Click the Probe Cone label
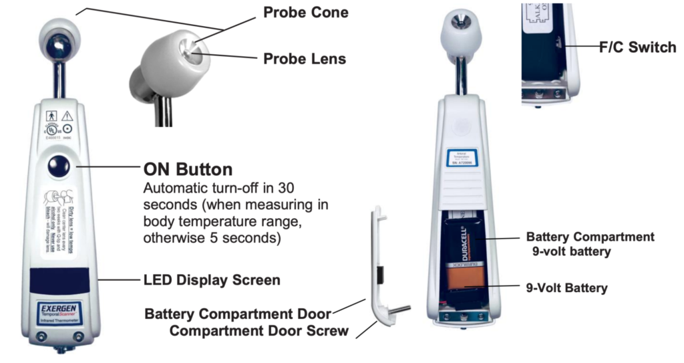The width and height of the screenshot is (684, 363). [x=305, y=12]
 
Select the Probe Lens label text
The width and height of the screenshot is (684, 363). [x=305, y=58]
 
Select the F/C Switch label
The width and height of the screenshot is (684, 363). [x=637, y=47]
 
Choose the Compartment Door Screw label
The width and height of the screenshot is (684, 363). [x=259, y=330]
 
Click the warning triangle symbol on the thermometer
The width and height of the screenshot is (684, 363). [x=67, y=116]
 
